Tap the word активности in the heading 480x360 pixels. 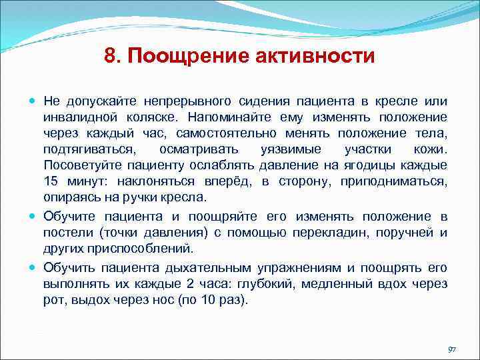click(315, 56)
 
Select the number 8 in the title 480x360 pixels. click(111, 56)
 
